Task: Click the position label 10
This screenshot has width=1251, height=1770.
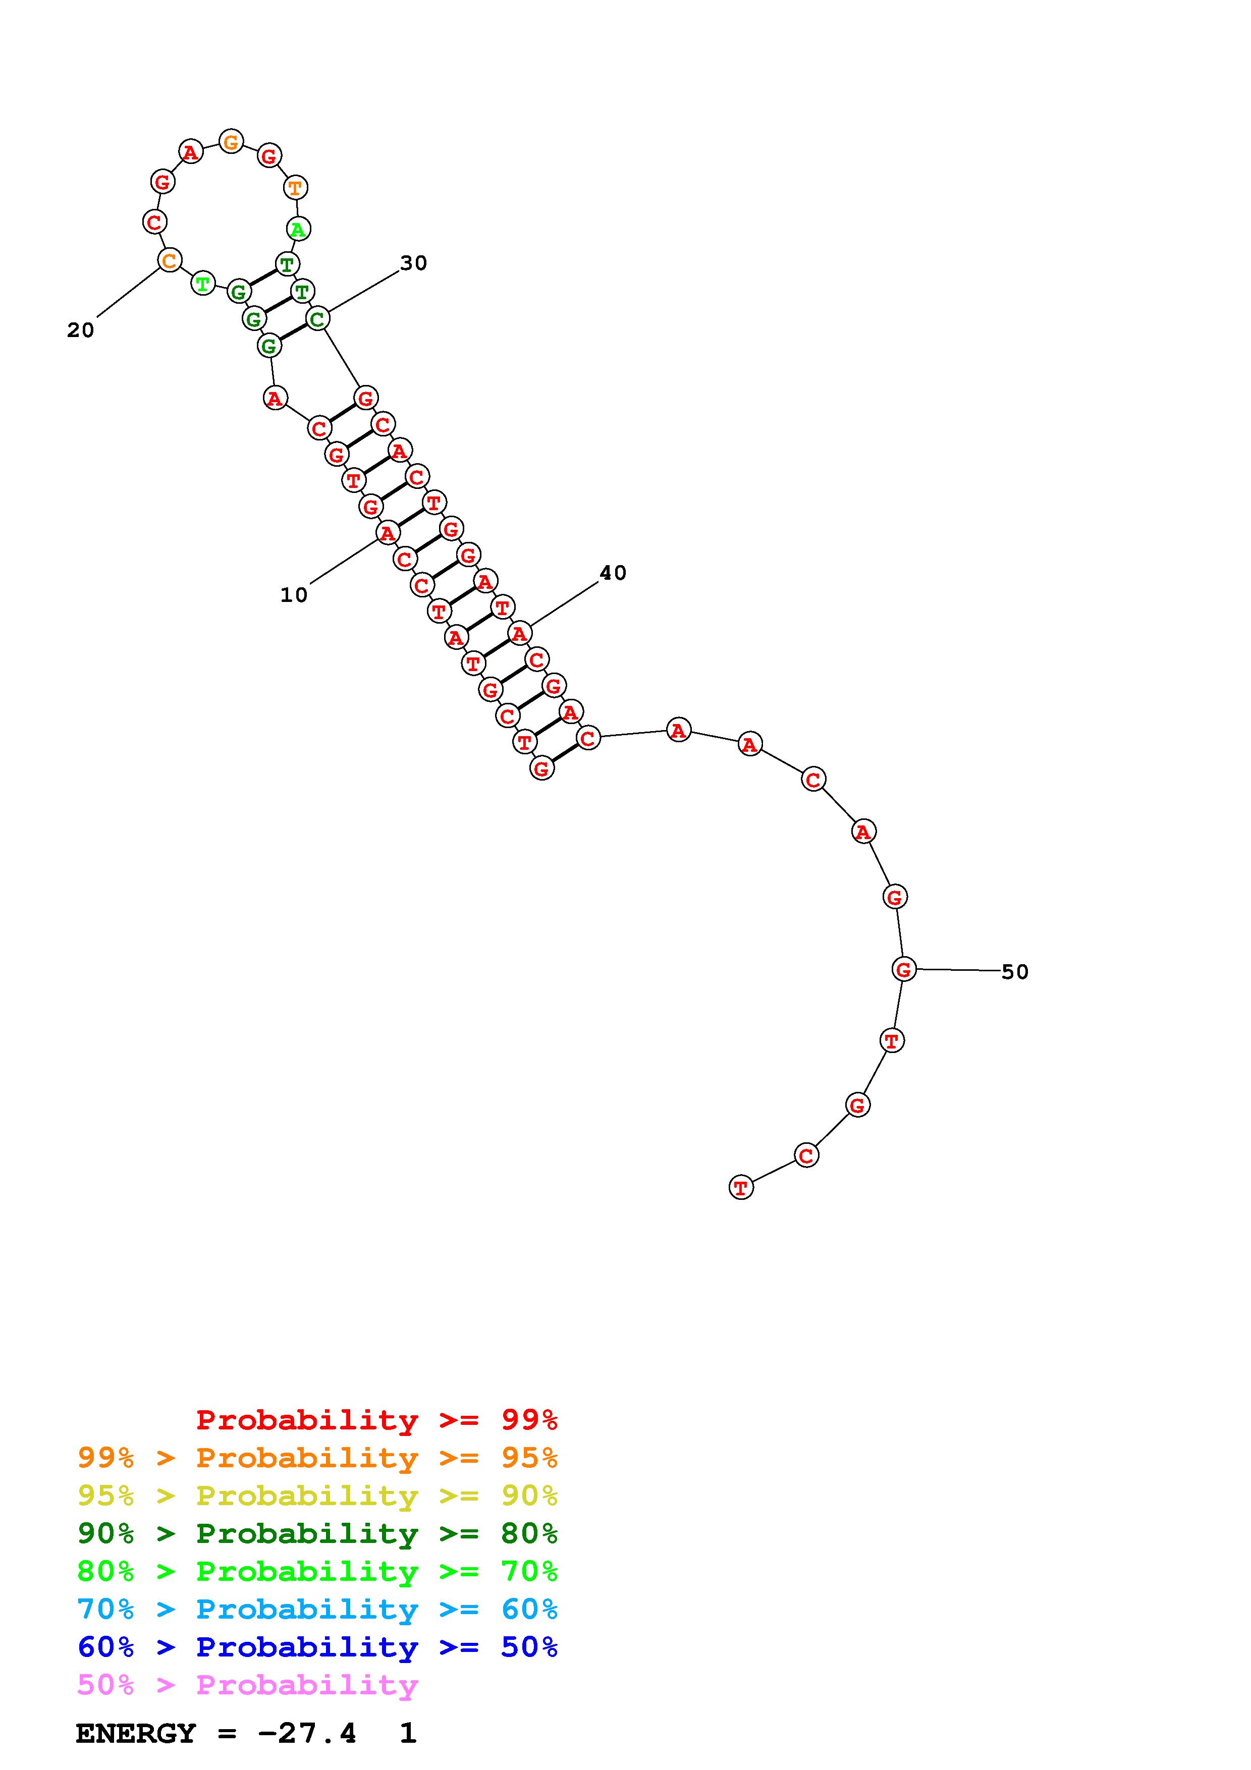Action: [294, 595]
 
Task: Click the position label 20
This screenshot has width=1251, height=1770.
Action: [80, 330]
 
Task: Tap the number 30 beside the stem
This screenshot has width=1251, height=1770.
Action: [413, 264]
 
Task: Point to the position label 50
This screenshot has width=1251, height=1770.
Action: [1015, 972]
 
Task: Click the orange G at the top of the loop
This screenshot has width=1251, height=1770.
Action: [231, 142]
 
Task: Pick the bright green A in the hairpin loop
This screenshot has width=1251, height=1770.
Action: [298, 229]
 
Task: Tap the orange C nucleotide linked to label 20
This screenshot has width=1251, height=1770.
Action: [169, 260]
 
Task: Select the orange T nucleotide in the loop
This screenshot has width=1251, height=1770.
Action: [295, 187]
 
